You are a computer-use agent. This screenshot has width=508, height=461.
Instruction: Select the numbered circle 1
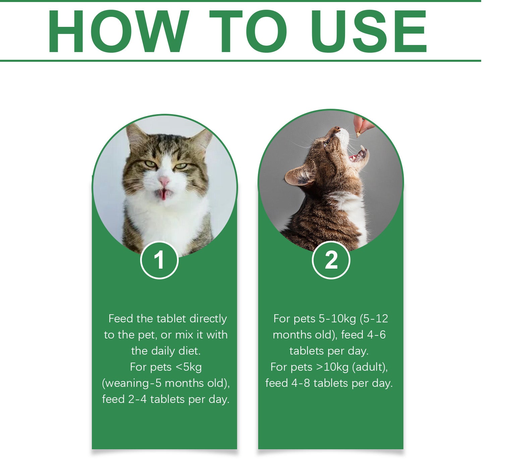(x=159, y=260)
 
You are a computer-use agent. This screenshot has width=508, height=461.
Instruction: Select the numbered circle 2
(x=331, y=260)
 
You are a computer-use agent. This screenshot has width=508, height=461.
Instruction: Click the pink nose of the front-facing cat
(x=164, y=182)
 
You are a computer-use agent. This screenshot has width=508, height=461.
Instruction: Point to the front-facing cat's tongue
(x=163, y=194)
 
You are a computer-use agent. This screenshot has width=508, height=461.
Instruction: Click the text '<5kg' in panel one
(x=188, y=367)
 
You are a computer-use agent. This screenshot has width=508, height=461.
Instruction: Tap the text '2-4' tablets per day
(x=137, y=399)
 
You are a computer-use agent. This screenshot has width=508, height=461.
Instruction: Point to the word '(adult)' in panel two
(x=370, y=367)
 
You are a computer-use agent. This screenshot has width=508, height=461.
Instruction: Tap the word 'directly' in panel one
(x=208, y=319)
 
